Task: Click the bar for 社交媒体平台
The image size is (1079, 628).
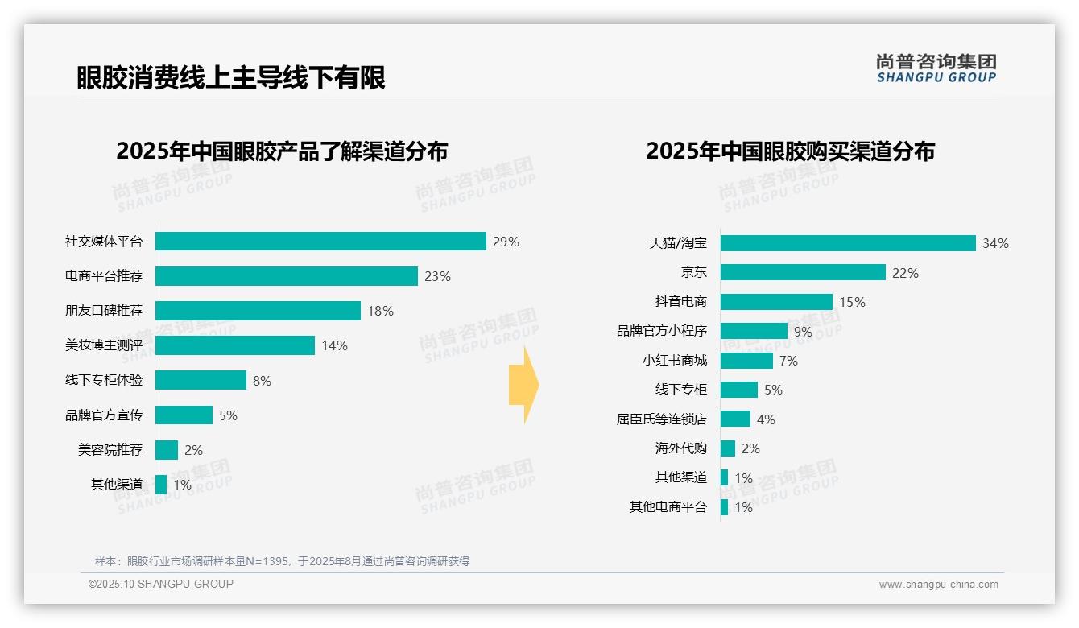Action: [x=320, y=242]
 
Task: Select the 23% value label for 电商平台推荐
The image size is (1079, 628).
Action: [x=437, y=276]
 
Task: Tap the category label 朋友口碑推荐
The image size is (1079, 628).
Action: [x=104, y=311]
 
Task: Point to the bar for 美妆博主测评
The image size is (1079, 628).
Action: [x=234, y=345]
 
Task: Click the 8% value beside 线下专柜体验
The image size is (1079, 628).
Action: [x=262, y=381]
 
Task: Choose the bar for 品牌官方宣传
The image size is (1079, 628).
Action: [x=184, y=415]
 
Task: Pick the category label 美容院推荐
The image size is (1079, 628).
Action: [x=110, y=450]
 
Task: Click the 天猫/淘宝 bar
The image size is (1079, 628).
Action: [x=848, y=243]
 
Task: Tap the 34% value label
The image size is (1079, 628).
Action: [x=995, y=243]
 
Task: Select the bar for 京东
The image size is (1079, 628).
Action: [x=803, y=273]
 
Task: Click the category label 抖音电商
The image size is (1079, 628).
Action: [x=681, y=302]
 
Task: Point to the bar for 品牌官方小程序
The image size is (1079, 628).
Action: [x=754, y=331]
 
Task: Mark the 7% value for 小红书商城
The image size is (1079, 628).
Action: [x=788, y=361]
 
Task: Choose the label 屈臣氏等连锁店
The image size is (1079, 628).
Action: [x=662, y=419]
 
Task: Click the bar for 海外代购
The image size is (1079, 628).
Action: [x=728, y=448]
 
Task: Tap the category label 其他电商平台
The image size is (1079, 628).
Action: [x=668, y=507]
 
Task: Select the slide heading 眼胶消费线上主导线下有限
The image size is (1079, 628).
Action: [x=231, y=77]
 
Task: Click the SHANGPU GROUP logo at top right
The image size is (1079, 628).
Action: [x=936, y=68]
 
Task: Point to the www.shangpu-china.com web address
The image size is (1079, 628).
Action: [x=938, y=585]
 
